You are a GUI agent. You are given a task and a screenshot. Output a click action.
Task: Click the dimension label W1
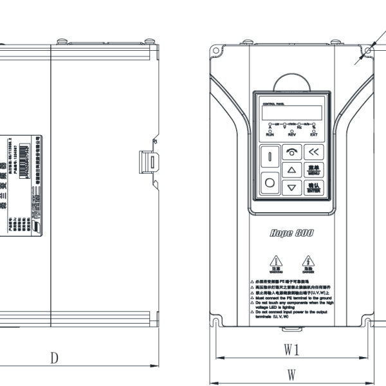[x=292, y=350]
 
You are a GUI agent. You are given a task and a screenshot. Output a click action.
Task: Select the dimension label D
[x=55, y=358]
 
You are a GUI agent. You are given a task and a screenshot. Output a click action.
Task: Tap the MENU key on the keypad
[x=313, y=170]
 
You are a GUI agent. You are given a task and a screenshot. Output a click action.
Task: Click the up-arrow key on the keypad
[x=293, y=170]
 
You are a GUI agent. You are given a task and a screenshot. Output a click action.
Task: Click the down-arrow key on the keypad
[x=293, y=188]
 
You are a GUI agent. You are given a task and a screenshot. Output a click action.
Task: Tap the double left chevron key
[x=313, y=152]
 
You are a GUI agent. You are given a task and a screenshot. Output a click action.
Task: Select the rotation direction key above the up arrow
[x=293, y=152]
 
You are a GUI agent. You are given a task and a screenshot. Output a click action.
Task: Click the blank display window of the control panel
[x=291, y=113]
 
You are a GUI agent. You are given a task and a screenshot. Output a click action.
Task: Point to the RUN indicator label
[x=270, y=136]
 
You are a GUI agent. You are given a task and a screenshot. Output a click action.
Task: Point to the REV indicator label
[x=291, y=136]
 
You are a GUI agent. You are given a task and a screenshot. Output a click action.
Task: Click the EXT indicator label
[x=314, y=136]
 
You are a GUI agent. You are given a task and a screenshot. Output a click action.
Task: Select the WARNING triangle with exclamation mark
[x=276, y=262]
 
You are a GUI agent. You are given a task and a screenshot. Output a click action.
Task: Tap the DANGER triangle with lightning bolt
[x=308, y=262]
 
